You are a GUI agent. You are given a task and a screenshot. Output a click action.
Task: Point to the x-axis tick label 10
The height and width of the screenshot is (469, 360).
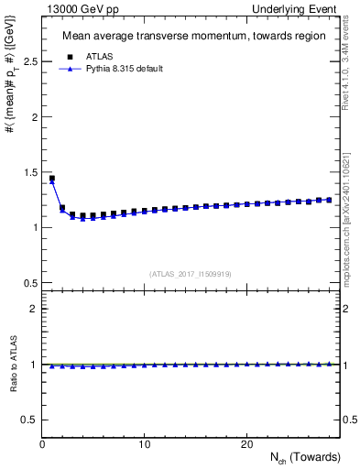[x=144, y=444]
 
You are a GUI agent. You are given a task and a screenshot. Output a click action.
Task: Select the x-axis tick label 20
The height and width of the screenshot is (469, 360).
[x=246, y=444]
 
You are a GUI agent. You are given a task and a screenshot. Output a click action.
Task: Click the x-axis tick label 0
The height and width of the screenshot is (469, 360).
[x=42, y=444]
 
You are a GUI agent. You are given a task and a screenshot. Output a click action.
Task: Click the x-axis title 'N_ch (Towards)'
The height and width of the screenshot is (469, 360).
[x=305, y=457]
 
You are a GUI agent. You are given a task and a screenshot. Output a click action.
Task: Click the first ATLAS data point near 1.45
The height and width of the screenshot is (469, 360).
[x=52, y=179]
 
